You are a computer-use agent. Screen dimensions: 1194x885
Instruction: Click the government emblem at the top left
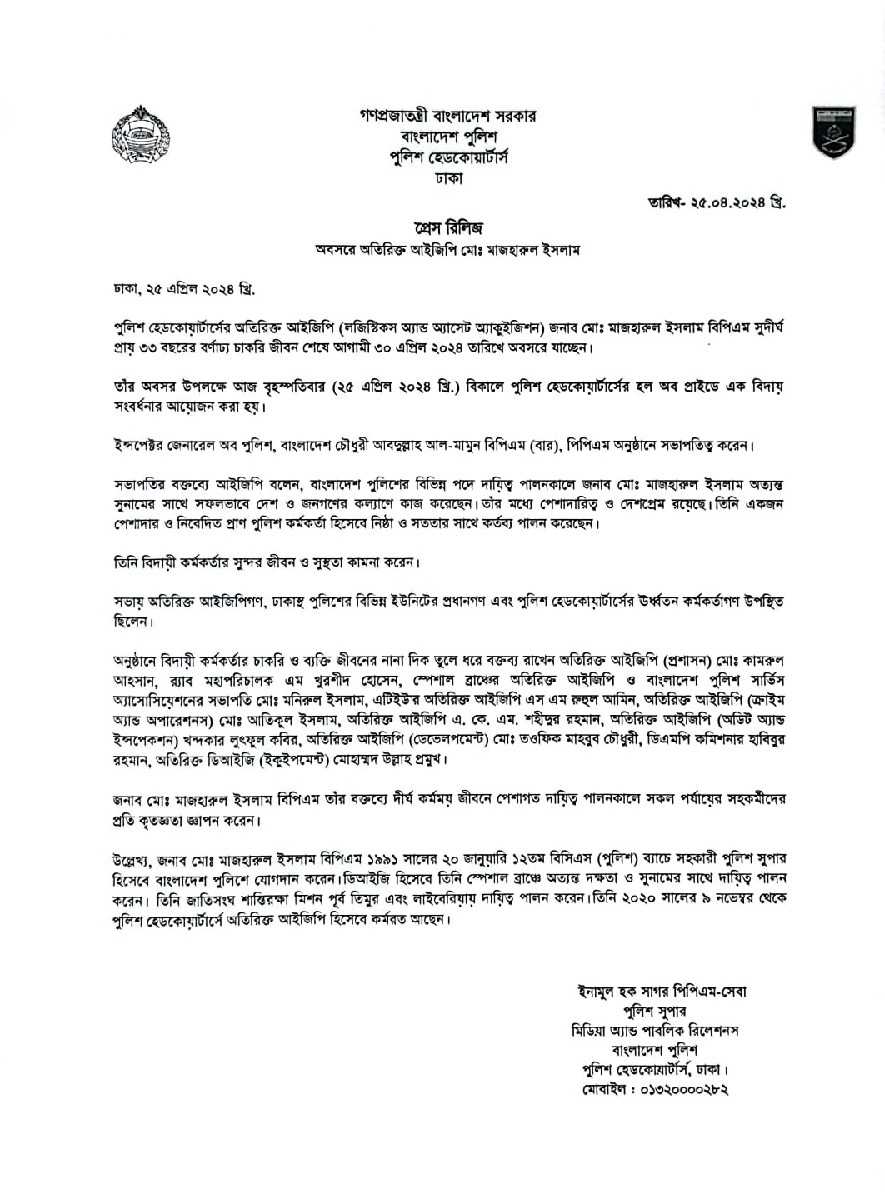pos(140,135)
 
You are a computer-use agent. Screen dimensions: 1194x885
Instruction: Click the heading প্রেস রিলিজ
pos(448,227)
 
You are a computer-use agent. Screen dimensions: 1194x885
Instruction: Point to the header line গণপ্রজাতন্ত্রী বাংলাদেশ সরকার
pos(448,116)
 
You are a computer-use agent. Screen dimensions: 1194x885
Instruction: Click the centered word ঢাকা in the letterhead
pos(448,177)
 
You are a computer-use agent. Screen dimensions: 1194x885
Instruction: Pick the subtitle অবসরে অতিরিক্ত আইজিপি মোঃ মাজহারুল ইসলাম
pos(448,249)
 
